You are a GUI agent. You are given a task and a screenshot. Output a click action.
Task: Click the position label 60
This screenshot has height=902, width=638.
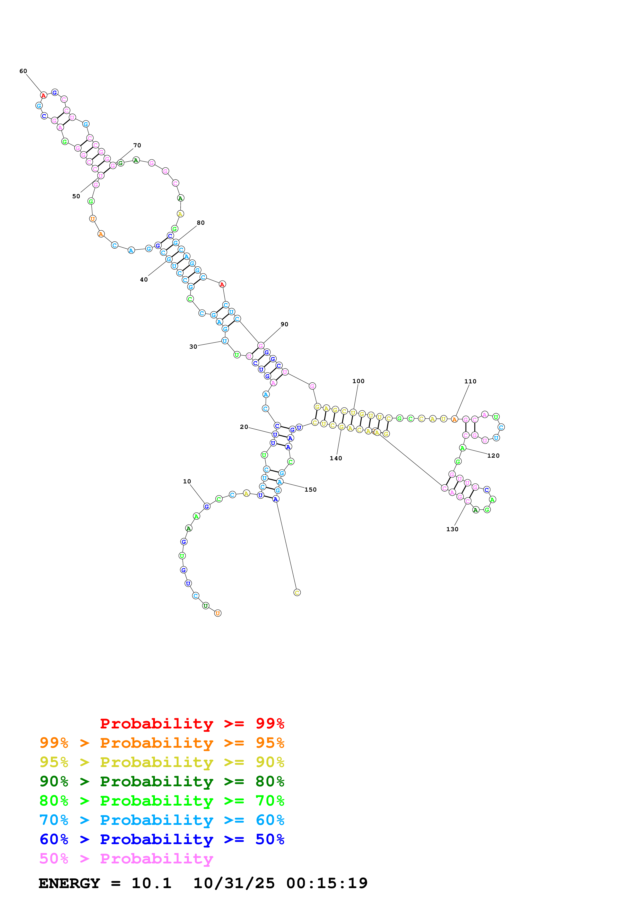23,71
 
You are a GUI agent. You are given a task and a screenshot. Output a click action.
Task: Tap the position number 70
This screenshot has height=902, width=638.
137,145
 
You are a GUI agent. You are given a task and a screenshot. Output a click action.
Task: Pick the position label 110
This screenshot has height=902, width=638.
470,382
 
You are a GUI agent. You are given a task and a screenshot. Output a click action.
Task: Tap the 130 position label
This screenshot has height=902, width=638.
452,529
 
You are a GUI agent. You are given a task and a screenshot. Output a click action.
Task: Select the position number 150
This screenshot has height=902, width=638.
311,490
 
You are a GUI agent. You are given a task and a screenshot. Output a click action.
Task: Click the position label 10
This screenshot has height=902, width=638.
187,481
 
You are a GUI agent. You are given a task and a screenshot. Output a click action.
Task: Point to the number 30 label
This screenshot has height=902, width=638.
193,347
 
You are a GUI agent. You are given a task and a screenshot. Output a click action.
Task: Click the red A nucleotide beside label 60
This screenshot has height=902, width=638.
44,95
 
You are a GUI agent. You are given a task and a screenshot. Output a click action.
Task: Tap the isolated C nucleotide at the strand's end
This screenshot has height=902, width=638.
297,592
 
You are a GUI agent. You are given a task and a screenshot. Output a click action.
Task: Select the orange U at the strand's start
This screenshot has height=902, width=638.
218,613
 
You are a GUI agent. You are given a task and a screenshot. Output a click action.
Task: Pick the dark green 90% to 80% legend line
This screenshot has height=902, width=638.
162,781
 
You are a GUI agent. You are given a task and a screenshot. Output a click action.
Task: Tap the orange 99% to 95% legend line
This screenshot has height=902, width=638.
162,743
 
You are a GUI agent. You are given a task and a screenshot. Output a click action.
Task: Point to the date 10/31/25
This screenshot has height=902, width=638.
234,883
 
